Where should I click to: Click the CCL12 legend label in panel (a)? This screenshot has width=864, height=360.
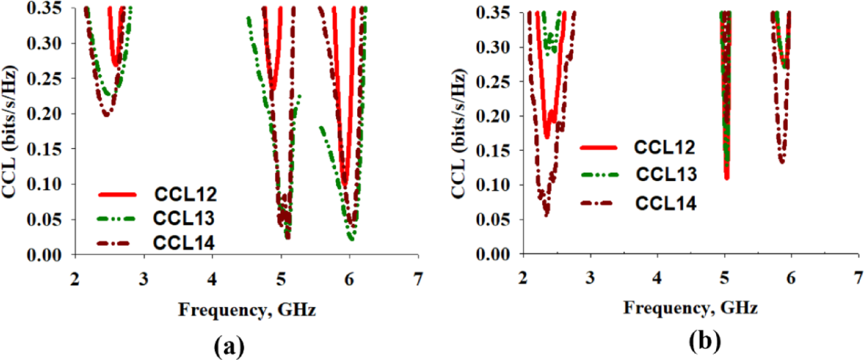(185, 194)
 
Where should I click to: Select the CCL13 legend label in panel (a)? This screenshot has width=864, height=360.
(184, 218)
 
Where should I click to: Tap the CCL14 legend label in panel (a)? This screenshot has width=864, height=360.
(184, 243)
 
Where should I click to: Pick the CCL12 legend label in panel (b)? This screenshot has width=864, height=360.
(664, 147)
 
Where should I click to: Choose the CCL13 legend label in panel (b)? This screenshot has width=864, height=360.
(666, 175)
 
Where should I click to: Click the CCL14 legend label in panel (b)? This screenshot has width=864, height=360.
(666, 204)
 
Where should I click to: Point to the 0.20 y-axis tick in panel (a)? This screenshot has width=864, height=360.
(44, 114)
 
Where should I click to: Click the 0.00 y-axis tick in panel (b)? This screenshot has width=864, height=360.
(493, 254)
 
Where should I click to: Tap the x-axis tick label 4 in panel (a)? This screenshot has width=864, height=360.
(212, 279)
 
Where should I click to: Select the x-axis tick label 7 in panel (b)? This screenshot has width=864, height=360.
(858, 278)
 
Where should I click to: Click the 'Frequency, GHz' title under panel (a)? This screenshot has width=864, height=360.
(247, 310)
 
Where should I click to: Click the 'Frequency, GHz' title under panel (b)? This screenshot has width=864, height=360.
(690, 308)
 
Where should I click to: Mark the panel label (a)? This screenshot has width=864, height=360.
(228, 347)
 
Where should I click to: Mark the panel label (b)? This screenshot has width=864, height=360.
(704, 342)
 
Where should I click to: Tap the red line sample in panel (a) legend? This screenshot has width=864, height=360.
(117, 194)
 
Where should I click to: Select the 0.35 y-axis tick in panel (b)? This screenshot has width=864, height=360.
(493, 12)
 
